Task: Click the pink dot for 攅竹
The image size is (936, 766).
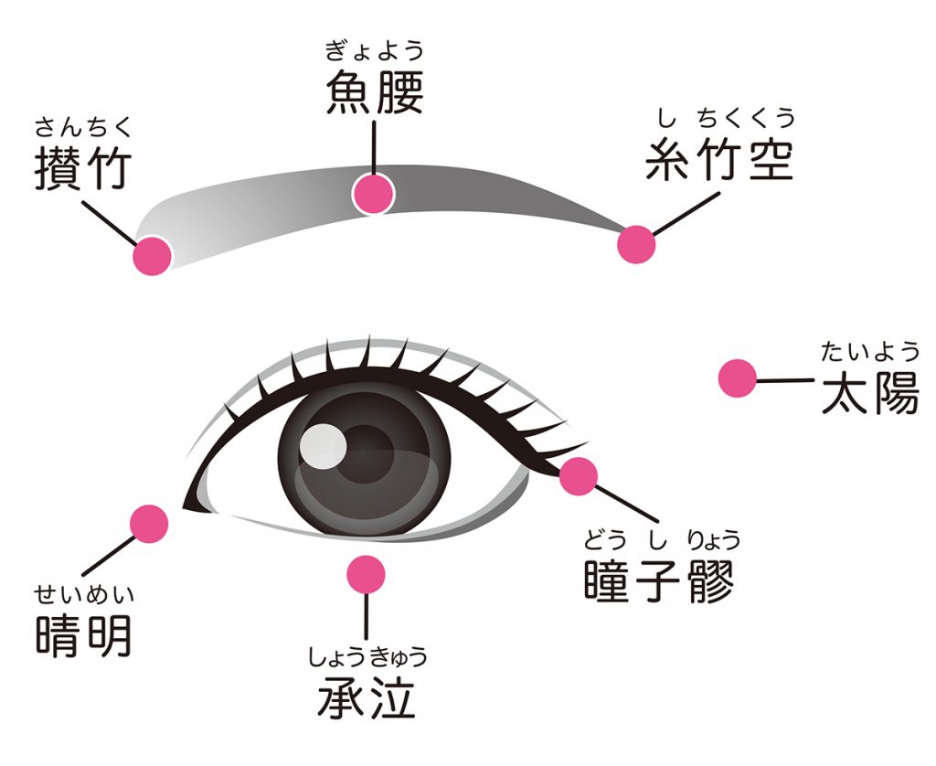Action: click(x=153, y=256)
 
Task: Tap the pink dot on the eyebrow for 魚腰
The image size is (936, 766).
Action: click(x=373, y=194)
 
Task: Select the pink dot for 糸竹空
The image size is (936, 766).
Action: click(x=636, y=244)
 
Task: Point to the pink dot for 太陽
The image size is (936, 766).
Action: click(x=738, y=378)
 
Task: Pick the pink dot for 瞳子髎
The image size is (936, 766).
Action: click(x=579, y=476)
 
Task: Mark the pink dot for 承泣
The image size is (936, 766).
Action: click(x=366, y=575)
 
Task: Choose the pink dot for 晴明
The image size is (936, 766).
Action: click(x=149, y=524)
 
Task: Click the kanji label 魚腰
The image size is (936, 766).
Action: click(x=375, y=92)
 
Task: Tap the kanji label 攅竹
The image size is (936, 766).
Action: click(x=83, y=168)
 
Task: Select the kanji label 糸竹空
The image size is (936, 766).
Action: click(x=719, y=159)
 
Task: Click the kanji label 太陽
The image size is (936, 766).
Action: click(x=870, y=393)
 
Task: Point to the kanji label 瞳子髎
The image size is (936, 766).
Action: click(x=659, y=580)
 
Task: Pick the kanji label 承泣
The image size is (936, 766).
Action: click(x=366, y=697)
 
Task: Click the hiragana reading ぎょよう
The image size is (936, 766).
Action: click(x=375, y=50)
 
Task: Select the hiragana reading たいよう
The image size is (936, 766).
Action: click(x=870, y=351)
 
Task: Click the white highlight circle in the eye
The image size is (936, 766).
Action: click(x=323, y=445)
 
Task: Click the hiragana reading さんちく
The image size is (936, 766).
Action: click(x=82, y=126)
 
